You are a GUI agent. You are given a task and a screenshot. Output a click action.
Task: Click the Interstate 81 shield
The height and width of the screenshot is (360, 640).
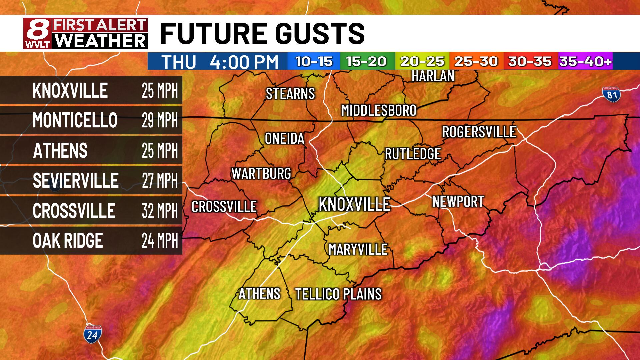click(612, 94)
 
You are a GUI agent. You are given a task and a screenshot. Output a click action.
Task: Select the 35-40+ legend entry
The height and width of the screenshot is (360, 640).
click(585, 61)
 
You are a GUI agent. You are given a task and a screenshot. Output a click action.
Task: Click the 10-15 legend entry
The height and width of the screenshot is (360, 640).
click(314, 61)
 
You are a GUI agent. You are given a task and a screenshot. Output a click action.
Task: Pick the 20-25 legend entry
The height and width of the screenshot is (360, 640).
click(422, 61)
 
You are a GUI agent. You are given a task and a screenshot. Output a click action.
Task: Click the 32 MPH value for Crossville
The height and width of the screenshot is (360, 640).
click(160, 211)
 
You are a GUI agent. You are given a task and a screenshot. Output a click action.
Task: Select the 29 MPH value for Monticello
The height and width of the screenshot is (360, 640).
click(160, 120)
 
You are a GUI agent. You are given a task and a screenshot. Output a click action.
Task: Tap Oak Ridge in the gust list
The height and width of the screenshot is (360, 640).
click(68, 241)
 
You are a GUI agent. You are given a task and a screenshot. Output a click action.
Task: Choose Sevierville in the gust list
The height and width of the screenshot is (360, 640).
click(76, 181)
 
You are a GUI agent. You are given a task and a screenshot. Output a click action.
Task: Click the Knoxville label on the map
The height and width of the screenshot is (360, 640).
click(354, 204)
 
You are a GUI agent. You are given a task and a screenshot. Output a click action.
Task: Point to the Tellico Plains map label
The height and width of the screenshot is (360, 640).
click(338, 294)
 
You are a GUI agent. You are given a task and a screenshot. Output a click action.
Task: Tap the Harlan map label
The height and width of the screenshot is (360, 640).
click(433, 76)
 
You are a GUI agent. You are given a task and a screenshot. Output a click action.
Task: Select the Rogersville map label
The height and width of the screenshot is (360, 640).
click(479, 132)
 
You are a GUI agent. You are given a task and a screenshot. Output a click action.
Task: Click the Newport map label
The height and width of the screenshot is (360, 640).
click(458, 202)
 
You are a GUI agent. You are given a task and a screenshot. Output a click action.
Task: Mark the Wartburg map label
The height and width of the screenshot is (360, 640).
click(261, 174)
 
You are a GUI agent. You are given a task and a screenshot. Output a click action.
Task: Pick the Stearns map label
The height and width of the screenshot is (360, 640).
click(290, 94)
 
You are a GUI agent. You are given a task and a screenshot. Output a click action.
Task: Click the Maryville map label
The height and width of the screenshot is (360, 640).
click(358, 249)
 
